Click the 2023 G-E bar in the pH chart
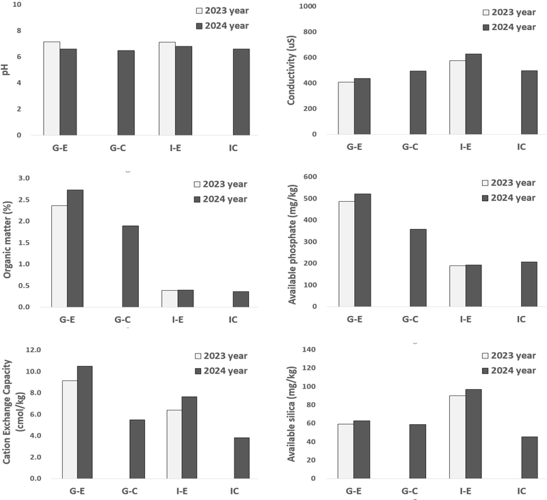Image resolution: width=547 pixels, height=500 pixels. coord(51,88)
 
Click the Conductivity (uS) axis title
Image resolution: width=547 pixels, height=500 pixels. coord(293,69)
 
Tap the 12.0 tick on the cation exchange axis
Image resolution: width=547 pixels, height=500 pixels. coord(31,350)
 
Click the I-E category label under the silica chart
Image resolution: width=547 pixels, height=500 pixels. coord(466,491)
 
